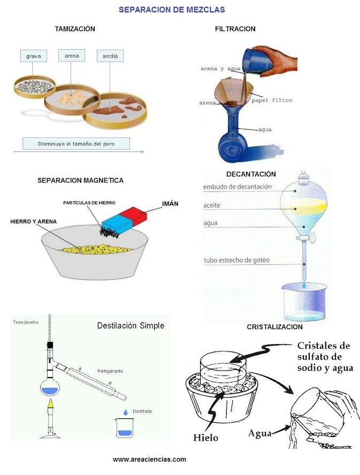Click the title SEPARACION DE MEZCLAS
pyautogui.click(x=171, y=10)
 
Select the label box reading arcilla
pyautogui.click(x=110, y=56)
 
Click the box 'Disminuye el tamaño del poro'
pyautogui.click(x=76, y=143)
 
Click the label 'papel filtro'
pyautogui.click(x=271, y=100)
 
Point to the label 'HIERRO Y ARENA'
pyautogui.click(x=34, y=221)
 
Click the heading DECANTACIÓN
pyautogui.click(x=251, y=174)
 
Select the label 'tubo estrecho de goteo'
pyautogui.click(x=236, y=261)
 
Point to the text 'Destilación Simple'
pyautogui.click(x=130, y=325)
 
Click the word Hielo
pyautogui.click(x=206, y=437)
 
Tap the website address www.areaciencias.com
pyautogui.click(x=149, y=459)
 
